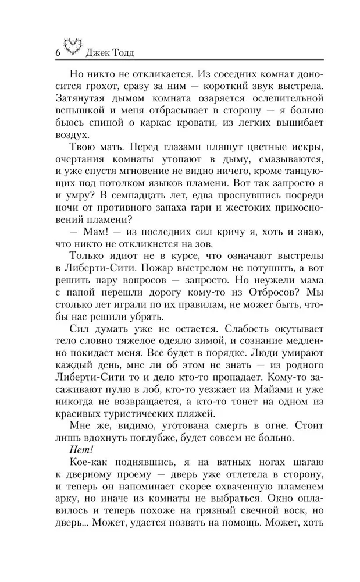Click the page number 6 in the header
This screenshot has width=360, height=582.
[57, 51]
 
